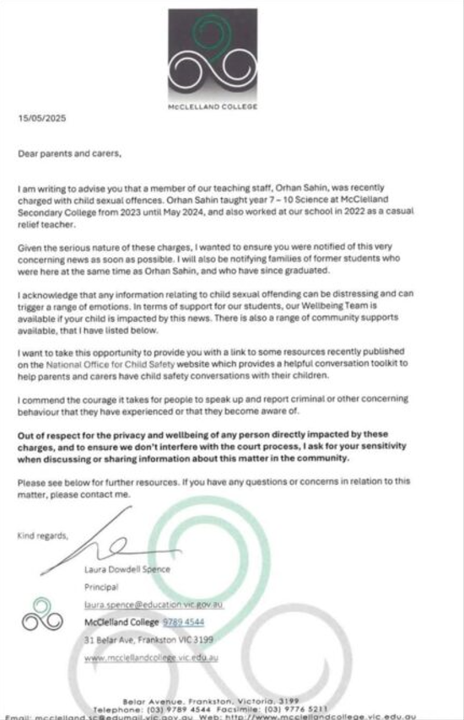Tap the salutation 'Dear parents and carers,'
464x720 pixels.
[x=71, y=154]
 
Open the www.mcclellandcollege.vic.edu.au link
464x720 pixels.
[x=152, y=658]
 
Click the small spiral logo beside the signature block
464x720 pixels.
[x=42, y=615]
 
